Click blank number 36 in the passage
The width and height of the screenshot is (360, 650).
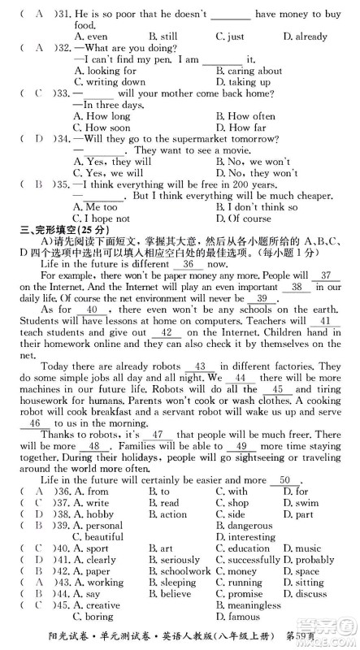pos(188,265)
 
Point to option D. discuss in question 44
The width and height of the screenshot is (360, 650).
pos(304,594)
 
